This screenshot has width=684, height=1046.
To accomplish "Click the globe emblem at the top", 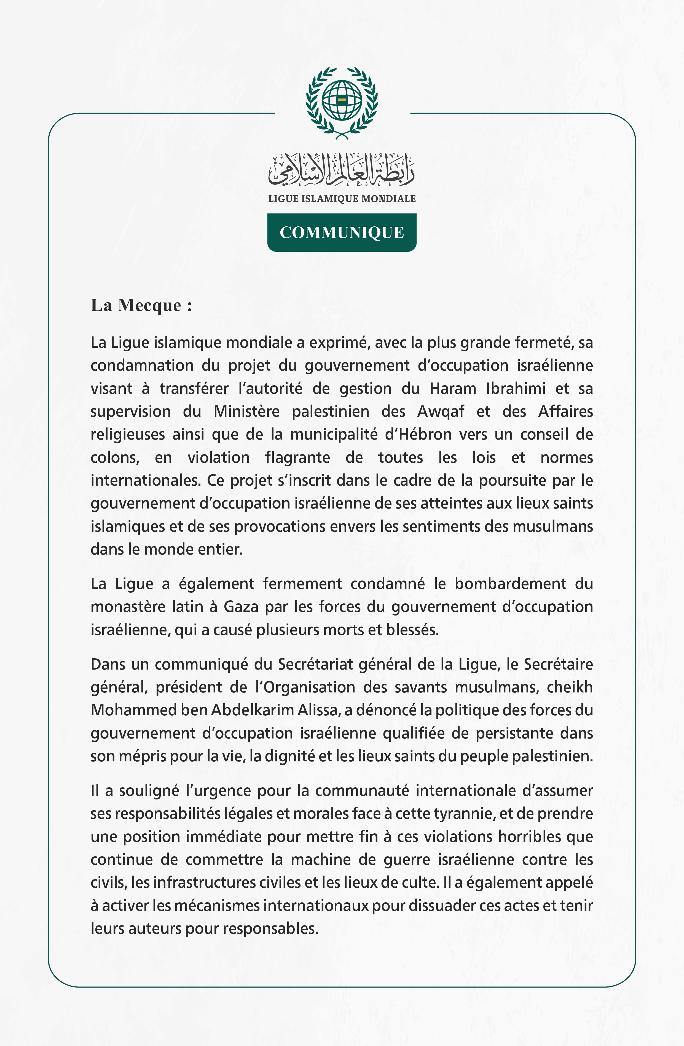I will coord(342,101).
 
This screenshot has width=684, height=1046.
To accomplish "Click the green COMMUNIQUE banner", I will coord(342,232).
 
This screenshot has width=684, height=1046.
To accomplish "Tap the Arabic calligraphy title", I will coord(342,169).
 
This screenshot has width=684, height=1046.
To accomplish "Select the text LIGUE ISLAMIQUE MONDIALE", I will coord(342,199).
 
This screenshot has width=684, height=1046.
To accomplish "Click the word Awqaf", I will coord(441,411).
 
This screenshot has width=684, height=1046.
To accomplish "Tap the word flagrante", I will coord(297,458).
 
